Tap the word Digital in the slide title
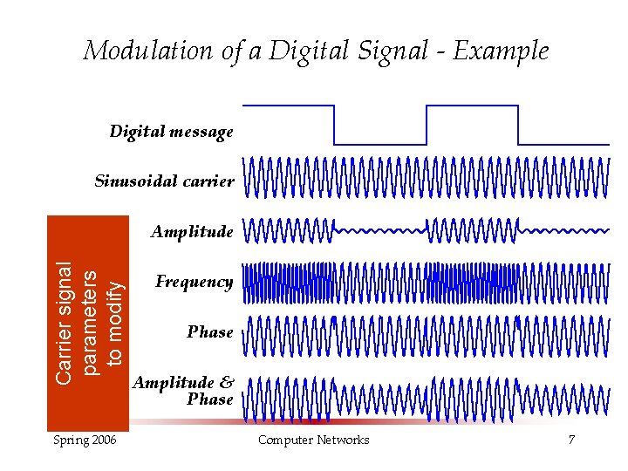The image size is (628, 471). pyautogui.click(x=301, y=51)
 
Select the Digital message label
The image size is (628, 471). pyautogui.click(x=171, y=133)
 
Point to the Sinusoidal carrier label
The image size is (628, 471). pyautogui.click(x=164, y=182)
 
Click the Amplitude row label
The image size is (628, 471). pyautogui.click(x=192, y=232)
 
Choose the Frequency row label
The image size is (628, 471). pyautogui.click(x=194, y=282)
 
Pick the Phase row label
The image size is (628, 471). pyautogui.click(x=209, y=332)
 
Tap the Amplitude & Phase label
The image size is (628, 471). pyautogui.click(x=183, y=391)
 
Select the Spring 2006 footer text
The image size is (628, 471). pyautogui.click(x=85, y=440)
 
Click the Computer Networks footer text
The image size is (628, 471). pyautogui.click(x=313, y=440)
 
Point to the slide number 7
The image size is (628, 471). pyautogui.click(x=571, y=440)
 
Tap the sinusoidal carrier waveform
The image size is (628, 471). pyautogui.click(x=426, y=178)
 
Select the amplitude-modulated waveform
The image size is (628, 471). pyautogui.click(x=426, y=231)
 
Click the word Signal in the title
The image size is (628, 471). pyautogui.click(x=393, y=51)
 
